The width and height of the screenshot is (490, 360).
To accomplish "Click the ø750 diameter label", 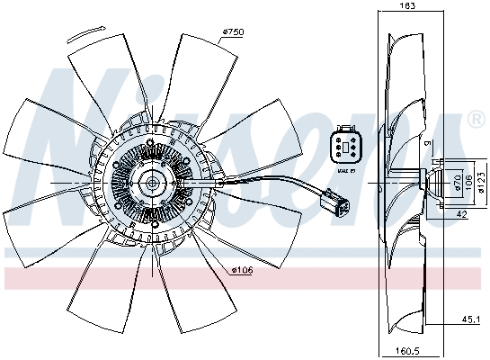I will (234, 33).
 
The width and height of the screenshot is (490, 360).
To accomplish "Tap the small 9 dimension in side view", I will (428, 144).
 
